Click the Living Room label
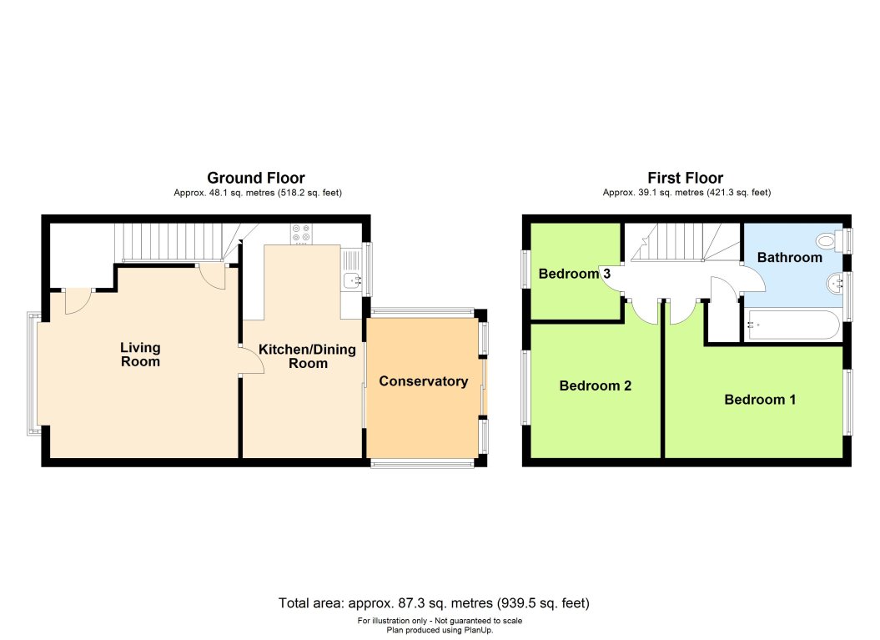click(x=139, y=355)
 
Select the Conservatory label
click(x=423, y=381)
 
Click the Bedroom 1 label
click(x=760, y=400)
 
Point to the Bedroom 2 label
click(x=595, y=386)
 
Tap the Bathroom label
click(x=789, y=258)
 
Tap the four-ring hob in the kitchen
click(x=300, y=234)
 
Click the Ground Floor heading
click(x=255, y=178)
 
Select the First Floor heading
click(x=685, y=178)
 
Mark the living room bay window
click(x=33, y=373)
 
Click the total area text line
click(x=439, y=602)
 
